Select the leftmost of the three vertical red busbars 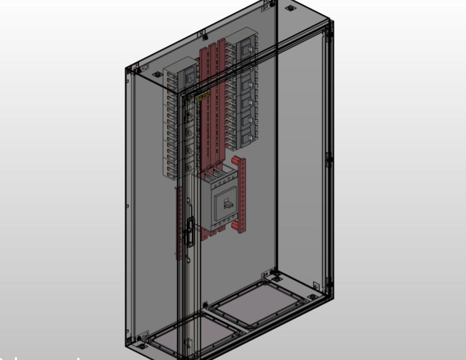tap(203, 106)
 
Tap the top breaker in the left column tap(188, 77)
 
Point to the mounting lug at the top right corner tap(290, 8)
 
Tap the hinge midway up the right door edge tap(329, 157)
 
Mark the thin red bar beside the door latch tap(179, 222)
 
